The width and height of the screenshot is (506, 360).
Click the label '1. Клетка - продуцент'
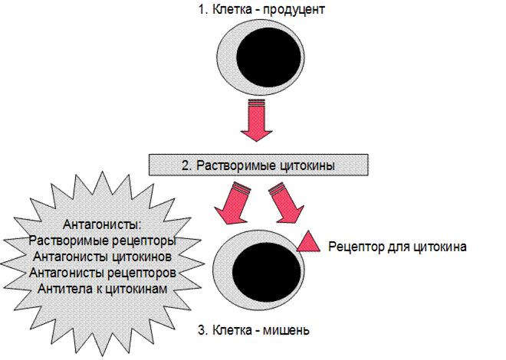pyautogui.click(x=261, y=10)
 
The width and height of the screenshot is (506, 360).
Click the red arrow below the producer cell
pyautogui.click(x=257, y=120)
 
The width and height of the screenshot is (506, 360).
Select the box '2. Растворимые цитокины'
pyautogui.click(x=258, y=165)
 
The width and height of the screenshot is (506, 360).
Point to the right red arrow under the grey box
pyautogui.click(x=285, y=202)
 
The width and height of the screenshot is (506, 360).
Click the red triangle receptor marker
pyautogui.click(x=308, y=241)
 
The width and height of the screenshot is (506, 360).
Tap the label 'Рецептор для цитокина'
pyautogui.click(x=397, y=247)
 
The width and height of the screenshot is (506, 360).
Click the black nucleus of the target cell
pyautogui.click(x=266, y=272)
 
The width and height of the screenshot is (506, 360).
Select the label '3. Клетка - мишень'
pyautogui.click(x=254, y=330)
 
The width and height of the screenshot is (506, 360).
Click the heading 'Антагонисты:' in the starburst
pyautogui.click(x=102, y=224)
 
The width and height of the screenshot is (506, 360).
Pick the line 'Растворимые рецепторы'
pyautogui.click(x=102, y=241)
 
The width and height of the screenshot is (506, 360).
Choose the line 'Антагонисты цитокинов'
pyautogui.click(x=102, y=257)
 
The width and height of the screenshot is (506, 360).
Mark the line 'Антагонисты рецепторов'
pyautogui.click(x=103, y=273)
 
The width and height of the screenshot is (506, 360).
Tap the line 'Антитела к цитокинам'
pyautogui.click(x=102, y=289)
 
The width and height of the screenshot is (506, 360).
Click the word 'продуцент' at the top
pyautogui.click(x=294, y=10)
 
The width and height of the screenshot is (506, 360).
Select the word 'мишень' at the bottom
pyautogui.click(x=286, y=331)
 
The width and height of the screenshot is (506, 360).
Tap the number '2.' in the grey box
pyautogui.click(x=187, y=165)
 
